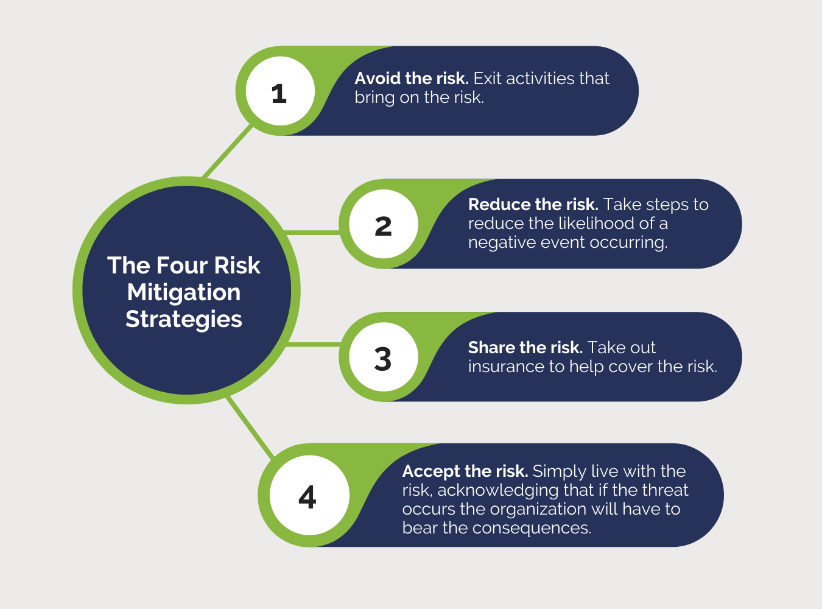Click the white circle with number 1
(279, 91)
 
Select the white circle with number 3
(384, 357)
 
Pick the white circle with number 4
(309, 496)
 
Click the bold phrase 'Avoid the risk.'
(411, 79)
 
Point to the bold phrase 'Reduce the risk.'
(533, 205)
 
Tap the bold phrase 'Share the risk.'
(525, 348)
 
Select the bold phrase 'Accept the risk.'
(465, 471)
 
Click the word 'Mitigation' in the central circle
(184, 292)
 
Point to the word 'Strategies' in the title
(184, 319)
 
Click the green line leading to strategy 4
(250, 427)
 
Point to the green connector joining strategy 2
(312, 233)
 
